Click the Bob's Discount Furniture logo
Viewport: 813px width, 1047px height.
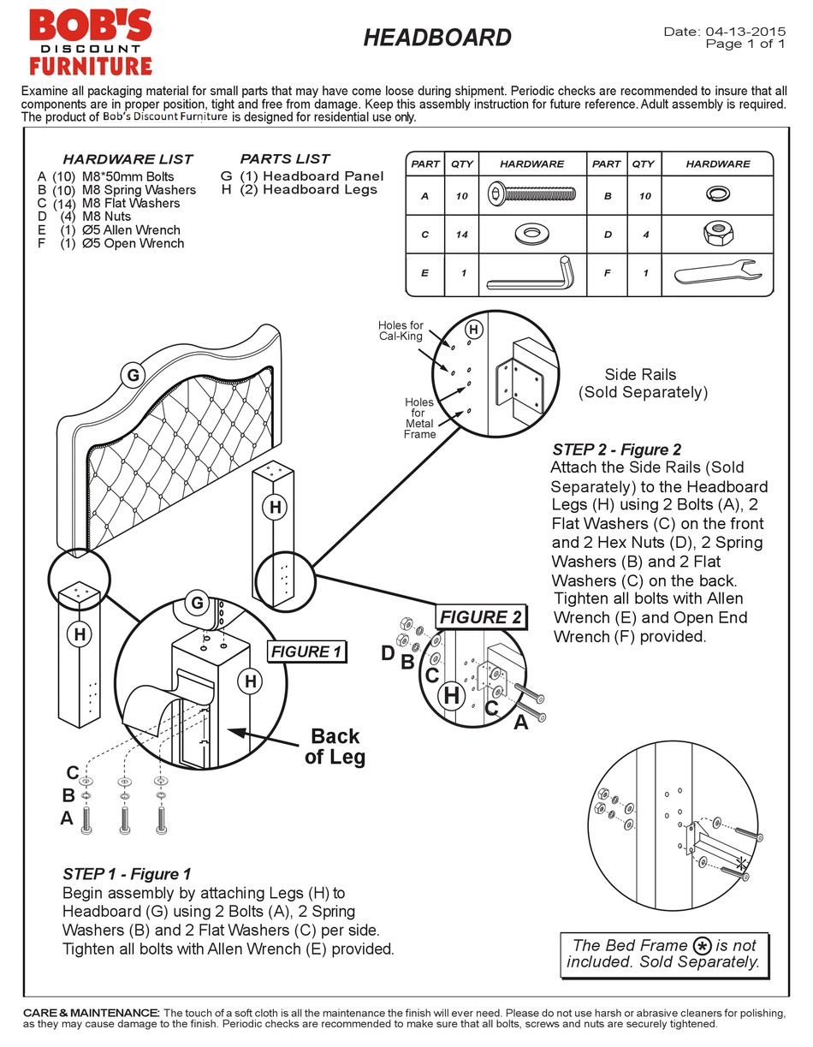pos(90,42)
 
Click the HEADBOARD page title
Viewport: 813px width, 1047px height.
pos(437,38)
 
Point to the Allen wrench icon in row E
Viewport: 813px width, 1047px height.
pos(531,273)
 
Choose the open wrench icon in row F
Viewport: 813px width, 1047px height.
pos(717,273)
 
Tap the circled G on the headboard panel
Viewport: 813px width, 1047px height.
pos(132,374)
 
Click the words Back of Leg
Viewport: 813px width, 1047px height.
pos(335,747)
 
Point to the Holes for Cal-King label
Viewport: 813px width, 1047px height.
pos(401,330)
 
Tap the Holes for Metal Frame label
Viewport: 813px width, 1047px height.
pos(419,418)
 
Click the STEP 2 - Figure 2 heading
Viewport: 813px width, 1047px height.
pos(616,449)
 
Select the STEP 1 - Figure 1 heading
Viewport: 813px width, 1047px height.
pos(127,874)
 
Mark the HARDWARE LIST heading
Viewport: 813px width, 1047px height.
pos(128,159)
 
